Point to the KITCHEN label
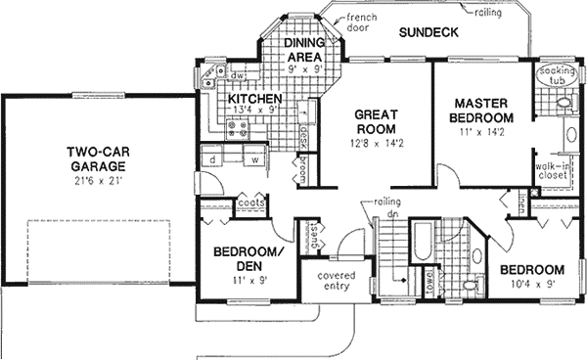[255, 100]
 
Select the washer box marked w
[254, 157]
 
